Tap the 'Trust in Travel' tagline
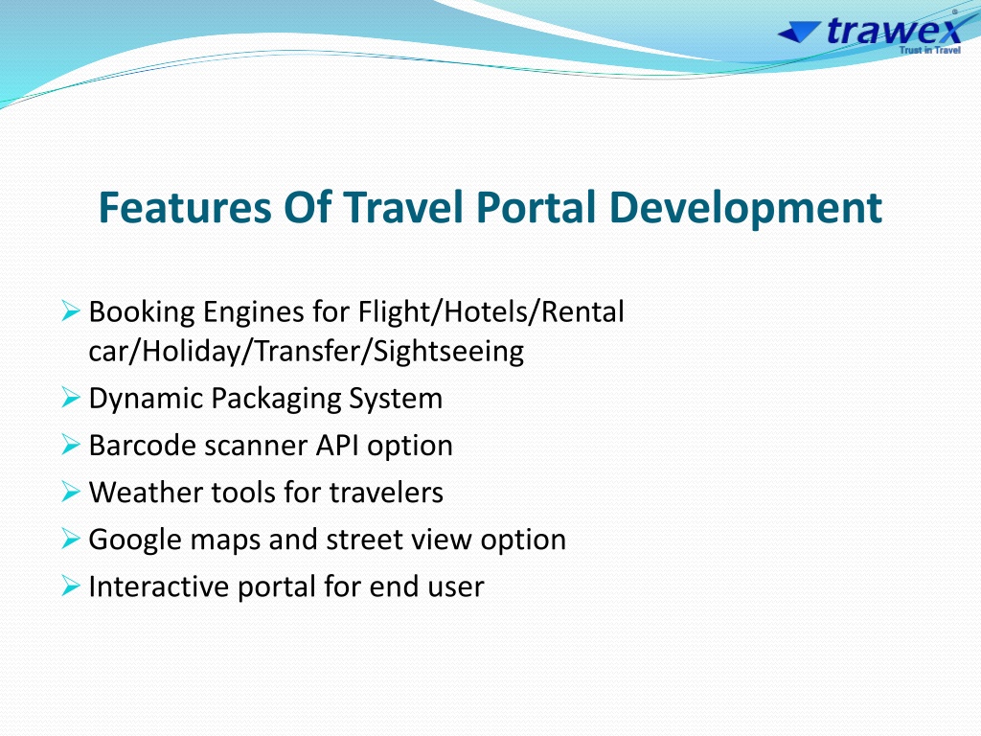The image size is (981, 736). [x=929, y=50]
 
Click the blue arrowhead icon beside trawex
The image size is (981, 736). [x=799, y=32]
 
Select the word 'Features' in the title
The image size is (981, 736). [x=185, y=207]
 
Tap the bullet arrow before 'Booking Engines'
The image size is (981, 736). [x=71, y=310]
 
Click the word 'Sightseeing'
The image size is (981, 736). [x=448, y=352]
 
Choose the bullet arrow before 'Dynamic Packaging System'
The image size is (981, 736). [x=71, y=398]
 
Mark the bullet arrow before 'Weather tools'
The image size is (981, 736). [x=71, y=492]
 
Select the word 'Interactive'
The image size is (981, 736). [x=159, y=586]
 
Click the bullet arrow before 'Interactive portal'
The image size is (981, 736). [x=71, y=586]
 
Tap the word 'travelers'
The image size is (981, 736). [x=386, y=492]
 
